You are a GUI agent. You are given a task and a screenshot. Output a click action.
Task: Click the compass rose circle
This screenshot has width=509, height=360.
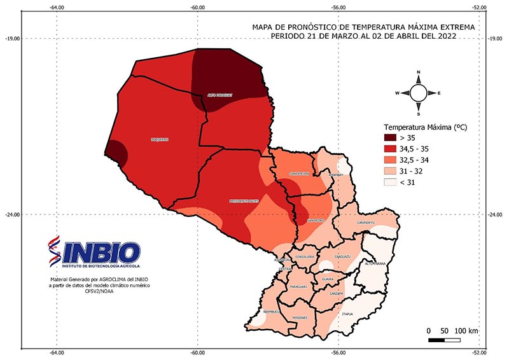tap(418, 93)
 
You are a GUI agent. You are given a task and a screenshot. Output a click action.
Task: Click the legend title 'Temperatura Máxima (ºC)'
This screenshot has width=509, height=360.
tap(424, 127)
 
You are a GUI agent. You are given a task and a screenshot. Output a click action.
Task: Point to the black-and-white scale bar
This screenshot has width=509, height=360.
tap(444, 340)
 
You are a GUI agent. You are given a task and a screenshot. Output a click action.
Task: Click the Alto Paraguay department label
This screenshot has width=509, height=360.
tap(220, 95)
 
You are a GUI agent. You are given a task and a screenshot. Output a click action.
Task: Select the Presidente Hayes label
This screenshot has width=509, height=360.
tap(244, 201)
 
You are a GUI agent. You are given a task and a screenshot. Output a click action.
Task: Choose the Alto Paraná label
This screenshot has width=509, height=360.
tap(375, 263)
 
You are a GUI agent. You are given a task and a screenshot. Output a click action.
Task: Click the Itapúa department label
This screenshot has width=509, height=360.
tap(347, 314)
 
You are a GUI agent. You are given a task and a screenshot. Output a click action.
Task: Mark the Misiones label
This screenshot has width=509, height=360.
tap(299, 317)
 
